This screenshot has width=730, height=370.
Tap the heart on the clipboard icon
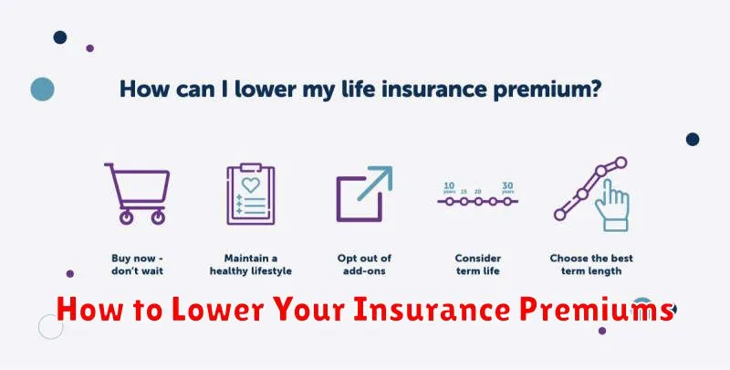[x=250, y=185]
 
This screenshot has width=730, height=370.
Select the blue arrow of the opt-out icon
[x=376, y=182]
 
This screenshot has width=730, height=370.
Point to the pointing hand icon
[x=611, y=206]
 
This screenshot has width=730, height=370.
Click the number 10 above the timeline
[x=449, y=185]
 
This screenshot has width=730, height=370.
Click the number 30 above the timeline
[x=507, y=185]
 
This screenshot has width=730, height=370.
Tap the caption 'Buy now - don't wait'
[x=138, y=265]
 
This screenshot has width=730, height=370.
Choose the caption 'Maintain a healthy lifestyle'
[x=250, y=265]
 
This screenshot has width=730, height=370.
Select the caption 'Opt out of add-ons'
[x=364, y=265]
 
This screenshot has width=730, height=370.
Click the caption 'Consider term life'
[x=477, y=265]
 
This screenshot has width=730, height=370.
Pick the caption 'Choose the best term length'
[x=591, y=265]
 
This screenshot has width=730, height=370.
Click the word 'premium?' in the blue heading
[x=547, y=90]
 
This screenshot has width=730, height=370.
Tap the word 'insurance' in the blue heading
[x=434, y=89]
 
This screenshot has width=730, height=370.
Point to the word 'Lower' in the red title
[x=217, y=310]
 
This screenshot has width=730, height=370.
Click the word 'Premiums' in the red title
[x=597, y=310]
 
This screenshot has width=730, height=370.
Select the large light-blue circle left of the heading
[x=42, y=89]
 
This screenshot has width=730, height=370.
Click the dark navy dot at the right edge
[x=693, y=139]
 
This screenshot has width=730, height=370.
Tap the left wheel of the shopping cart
[x=126, y=217]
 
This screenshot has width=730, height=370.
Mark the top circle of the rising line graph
[x=620, y=163]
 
